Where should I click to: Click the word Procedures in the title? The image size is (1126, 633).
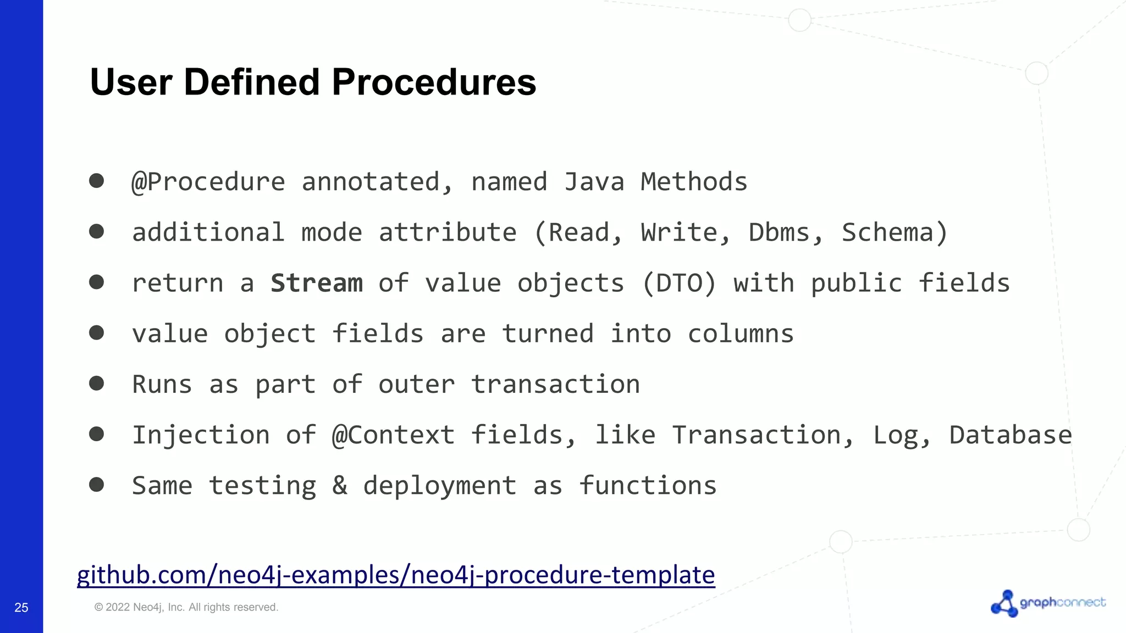(x=433, y=82)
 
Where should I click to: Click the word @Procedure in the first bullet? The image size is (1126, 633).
(x=208, y=182)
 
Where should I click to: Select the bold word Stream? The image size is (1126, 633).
(x=317, y=284)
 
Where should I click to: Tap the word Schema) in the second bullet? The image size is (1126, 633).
(x=895, y=233)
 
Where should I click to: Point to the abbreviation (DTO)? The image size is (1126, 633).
(x=679, y=284)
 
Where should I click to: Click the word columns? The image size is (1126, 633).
(x=740, y=334)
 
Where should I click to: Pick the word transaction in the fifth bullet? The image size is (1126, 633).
(x=555, y=385)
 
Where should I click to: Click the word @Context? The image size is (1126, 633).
(x=393, y=435)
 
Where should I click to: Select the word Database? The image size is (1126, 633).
(x=1010, y=435)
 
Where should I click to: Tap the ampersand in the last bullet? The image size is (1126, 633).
(x=340, y=486)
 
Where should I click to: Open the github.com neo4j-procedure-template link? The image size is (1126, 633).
(x=396, y=575)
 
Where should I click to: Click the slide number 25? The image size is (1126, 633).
(x=21, y=607)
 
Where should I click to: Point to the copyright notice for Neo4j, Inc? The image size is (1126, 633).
(x=186, y=607)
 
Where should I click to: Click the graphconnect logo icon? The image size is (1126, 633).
(x=1004, y=604)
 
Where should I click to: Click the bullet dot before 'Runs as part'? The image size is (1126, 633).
(x=97, y=383)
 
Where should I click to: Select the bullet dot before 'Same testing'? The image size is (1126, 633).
(x=97, y=484)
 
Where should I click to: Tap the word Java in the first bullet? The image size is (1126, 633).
(x=594, y=182)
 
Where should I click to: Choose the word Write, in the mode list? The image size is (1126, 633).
(x=686, y=233)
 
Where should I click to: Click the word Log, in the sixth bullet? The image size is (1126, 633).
(x=902, y=435)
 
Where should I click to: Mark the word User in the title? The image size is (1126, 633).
(x=131, y=82)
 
